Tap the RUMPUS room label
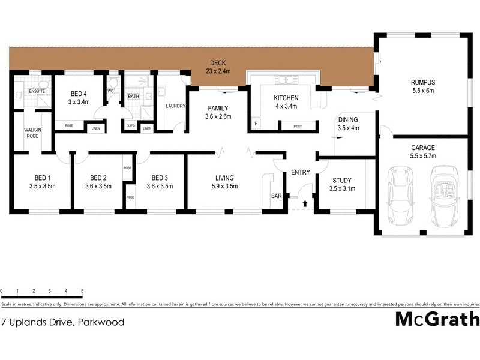pos(422,82)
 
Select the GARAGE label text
pos(422,147)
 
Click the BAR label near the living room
pos(276,196)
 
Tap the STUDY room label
pos(342,180)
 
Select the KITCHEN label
pos(286,98)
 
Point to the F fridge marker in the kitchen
pos(256,125)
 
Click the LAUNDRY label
pos(175,106)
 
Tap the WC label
pos(110,91)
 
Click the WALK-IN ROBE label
pos(32,133)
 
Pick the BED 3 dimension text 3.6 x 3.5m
pos(160,187)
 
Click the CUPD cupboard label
pos(130,127)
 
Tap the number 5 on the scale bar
pos(82,291)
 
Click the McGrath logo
pos(437,319)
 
